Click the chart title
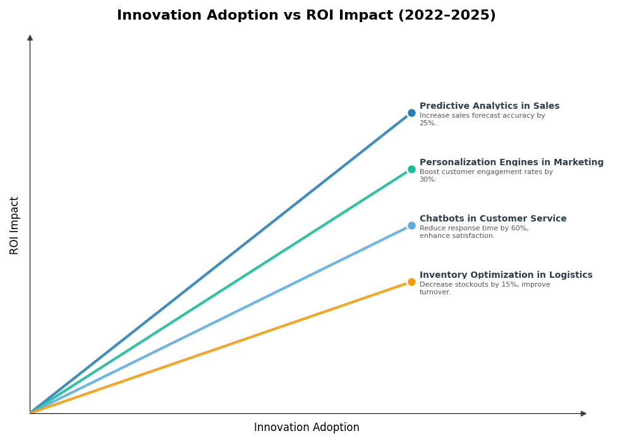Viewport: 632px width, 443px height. coord(306,16)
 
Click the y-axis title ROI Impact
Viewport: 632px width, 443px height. coord(15,225)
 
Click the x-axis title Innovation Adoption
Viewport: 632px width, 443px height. coord(307,428)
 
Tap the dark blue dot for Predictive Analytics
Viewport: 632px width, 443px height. coord(411,113)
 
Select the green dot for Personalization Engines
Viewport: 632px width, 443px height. coord(411,170)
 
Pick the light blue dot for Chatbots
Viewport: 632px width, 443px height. coord(411,226)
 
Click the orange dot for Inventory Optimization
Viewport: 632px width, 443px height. coord(411,282)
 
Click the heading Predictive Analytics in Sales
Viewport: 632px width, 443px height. coord(489,106)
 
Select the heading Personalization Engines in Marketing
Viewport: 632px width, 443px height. coord(511,163)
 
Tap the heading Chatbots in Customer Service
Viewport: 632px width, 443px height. coord(493,219)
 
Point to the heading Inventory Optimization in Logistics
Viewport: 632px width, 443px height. coord(506,275)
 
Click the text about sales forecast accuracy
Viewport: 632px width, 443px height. coord(482,116)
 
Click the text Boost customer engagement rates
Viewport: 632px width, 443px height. coord(485,172)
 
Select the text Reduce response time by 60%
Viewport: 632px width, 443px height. coord(474,228)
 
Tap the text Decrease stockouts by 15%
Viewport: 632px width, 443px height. coord(484,285)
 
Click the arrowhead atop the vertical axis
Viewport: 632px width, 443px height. coord(30,38)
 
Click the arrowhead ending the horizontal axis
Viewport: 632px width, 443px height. coord(583,413)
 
